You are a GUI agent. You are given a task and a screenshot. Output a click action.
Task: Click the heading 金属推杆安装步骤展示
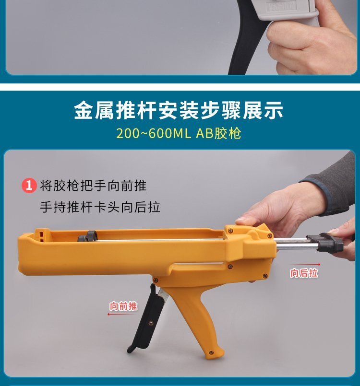179,111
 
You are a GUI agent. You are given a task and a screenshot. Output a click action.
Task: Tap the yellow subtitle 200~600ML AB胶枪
179,133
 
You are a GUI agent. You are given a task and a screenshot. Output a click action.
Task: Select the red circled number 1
29,186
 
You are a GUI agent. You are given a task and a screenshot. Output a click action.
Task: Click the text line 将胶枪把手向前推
93,186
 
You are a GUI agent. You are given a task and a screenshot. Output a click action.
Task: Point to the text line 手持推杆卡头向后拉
100,207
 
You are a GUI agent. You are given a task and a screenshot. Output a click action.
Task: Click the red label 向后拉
304,273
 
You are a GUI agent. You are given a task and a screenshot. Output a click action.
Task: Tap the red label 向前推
123,306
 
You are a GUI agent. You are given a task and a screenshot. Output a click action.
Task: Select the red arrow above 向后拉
306,264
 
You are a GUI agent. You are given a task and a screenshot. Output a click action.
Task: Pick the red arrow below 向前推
122,315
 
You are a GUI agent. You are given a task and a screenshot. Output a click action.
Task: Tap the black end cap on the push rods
325,242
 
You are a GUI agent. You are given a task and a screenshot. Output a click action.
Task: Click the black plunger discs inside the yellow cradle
87,236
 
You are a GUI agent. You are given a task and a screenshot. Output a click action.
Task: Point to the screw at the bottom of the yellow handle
211,353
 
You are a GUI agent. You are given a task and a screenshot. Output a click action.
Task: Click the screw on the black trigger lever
151,323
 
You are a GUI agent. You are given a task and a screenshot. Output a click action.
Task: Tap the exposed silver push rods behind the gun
293,244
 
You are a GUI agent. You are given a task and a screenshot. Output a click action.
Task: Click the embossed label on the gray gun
281,6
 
